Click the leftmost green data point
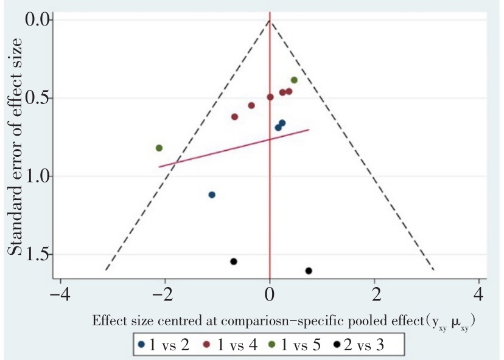coord(159,148)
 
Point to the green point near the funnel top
coord(294,80)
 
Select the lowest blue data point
coord(212,195)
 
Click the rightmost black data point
coord(309,271)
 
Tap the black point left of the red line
coord(233,261)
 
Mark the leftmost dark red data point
coord(235,117)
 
